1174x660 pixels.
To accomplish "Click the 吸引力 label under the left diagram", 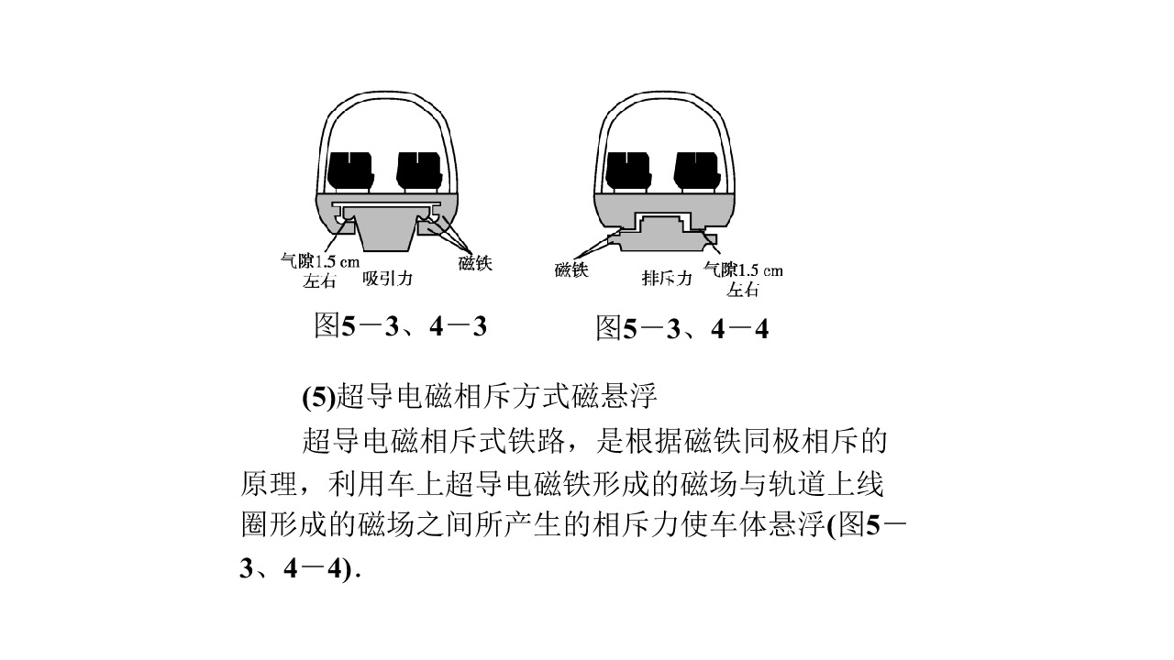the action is (387, 278).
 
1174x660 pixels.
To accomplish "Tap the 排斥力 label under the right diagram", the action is (667, 278).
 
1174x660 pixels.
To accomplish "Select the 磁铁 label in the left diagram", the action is (475, 263).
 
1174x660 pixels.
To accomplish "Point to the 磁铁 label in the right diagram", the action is (571, 269).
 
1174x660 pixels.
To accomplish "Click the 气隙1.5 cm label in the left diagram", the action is (320, 260).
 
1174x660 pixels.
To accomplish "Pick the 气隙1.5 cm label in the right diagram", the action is (743, 269).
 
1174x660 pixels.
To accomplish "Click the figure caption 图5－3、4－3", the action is (401, 325).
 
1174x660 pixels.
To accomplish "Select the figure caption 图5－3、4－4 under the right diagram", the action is (682, 328).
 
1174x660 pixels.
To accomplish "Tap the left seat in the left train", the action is (351, 170).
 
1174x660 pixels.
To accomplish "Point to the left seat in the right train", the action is (629, 170).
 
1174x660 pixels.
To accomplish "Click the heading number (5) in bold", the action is (318, 397).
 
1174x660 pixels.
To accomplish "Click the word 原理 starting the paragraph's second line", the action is (270, 483).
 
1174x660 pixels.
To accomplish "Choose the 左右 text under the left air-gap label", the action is (319, 280).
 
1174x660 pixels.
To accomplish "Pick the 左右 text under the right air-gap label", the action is (743, 289).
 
